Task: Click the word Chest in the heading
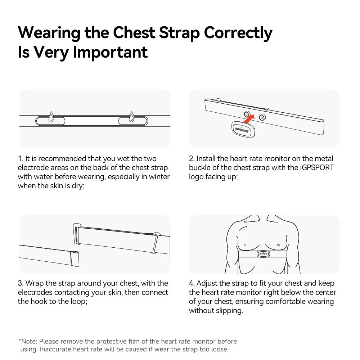pyautogui.click(x=134, y=32)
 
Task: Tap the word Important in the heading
pyautogui.click(x=110, y=52)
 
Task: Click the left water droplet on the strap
pyautogui.click(x=51, y=117)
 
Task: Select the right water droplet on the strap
pyautogui.click(x=131, y=117)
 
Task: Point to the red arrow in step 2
pyautogui.click(x=249, y=119)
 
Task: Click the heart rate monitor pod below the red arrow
pyautogui.click(x=243, y=130)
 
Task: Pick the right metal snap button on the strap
pyautogui.click(x=262, y=117)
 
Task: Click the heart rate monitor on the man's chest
pyautogui.click(x=263, y=254)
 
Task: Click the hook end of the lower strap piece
pyautogui.click(x=75, y=258)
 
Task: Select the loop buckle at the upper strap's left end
pyautogui.click(x=76, y=234)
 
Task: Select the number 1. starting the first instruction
pyautogui.click(x=21, y=158)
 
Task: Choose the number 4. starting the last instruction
pyautogui.click(x=192, y=283)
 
